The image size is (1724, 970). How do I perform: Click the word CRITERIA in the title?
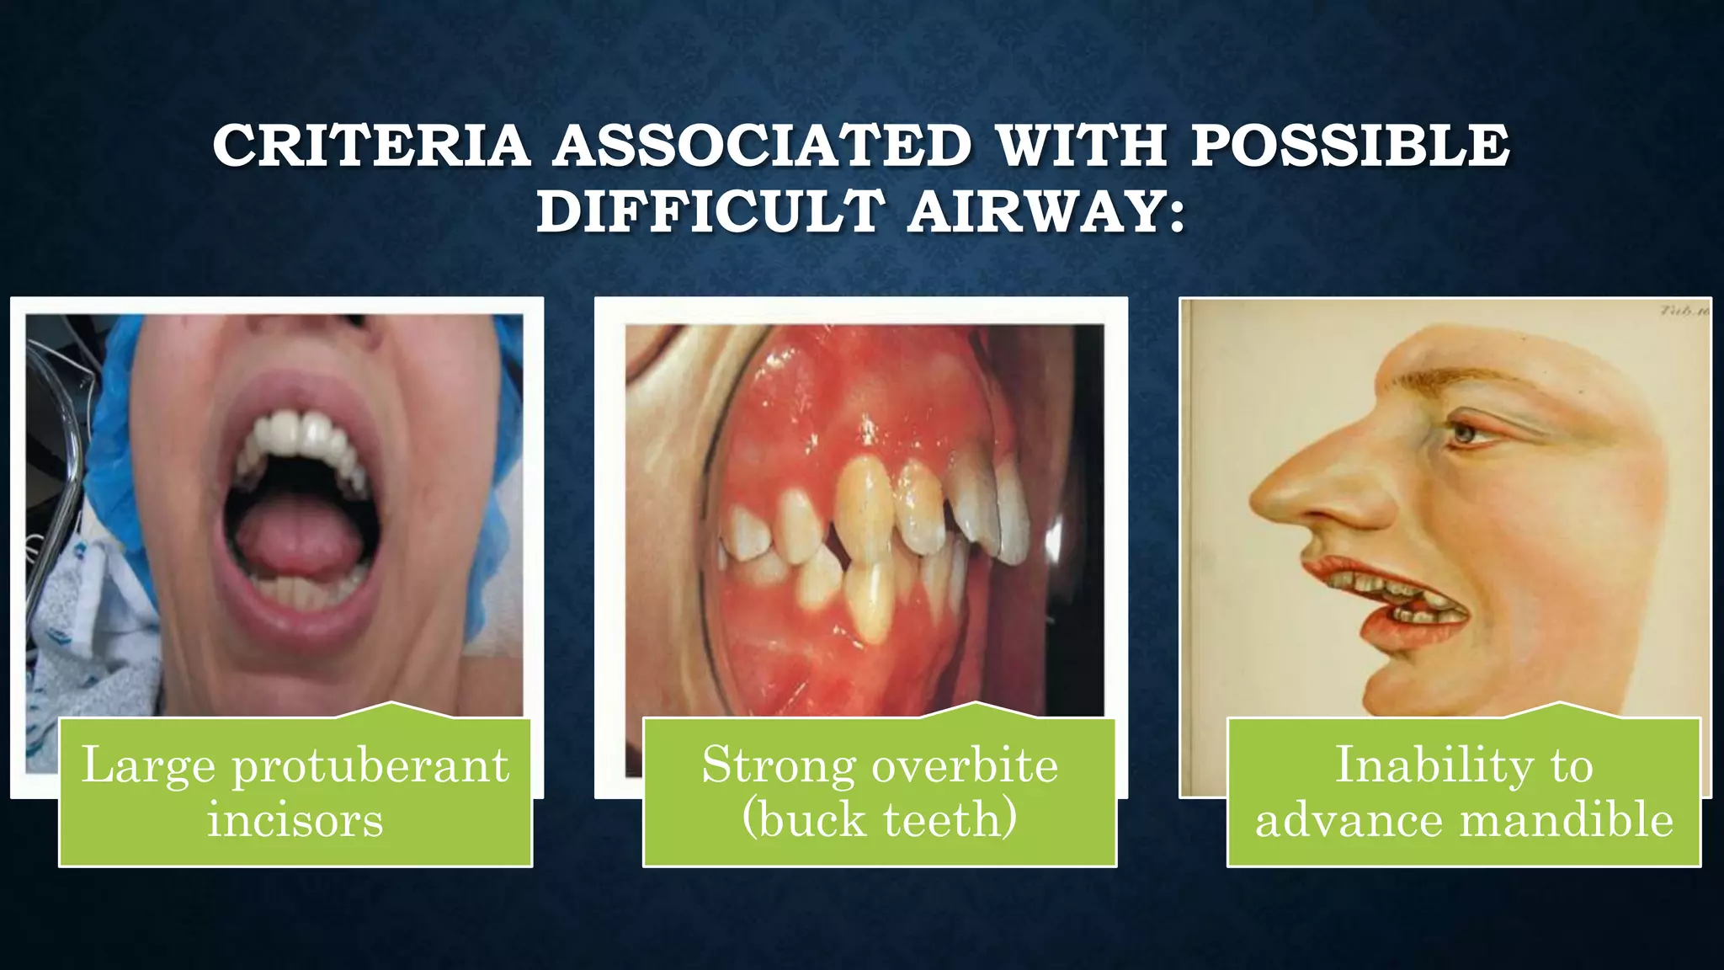coord(371,146)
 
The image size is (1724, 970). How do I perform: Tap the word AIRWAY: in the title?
coord(1046,211)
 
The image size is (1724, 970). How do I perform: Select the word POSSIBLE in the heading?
coord(1350,146)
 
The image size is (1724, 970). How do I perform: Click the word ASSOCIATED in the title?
coord(763,146)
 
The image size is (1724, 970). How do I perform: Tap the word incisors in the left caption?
coord(295,819)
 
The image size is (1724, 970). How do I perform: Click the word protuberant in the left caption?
coord(370,765)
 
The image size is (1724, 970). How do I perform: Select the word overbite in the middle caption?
coord(965,765)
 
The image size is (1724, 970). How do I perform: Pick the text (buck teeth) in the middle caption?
coord(880,819)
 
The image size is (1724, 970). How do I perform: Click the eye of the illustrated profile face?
coord(1466,434)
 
